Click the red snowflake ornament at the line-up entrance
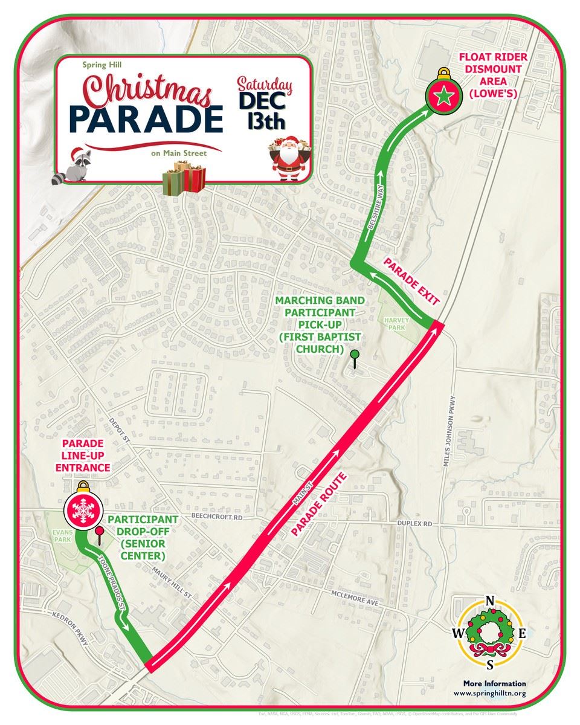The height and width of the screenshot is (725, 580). click(x=82, y=509)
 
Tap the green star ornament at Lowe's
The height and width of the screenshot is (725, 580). click(x=443, y=96)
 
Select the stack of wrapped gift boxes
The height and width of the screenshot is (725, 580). click(x=184, y=179)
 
